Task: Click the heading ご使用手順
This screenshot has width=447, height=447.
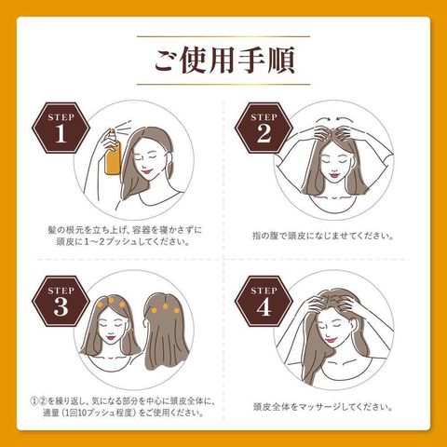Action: point(224,60)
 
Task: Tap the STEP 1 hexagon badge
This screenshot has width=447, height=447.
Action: point(61,129)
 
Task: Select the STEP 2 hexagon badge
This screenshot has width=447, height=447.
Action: point(264,129)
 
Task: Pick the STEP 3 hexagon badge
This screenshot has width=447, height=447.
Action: point(61,302)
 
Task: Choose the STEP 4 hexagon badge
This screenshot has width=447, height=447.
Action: point(264,302)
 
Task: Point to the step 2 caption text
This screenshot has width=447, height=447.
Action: point(323,236)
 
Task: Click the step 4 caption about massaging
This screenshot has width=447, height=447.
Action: point(323,407)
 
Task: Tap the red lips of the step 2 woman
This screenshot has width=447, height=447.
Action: point(334,175)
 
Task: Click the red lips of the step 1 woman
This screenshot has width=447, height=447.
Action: point(145,170)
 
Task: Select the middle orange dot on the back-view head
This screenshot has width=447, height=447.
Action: point(165,306)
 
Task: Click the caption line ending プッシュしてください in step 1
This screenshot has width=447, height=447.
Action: point(123,242)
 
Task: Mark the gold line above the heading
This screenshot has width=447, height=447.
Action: point(223,36)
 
